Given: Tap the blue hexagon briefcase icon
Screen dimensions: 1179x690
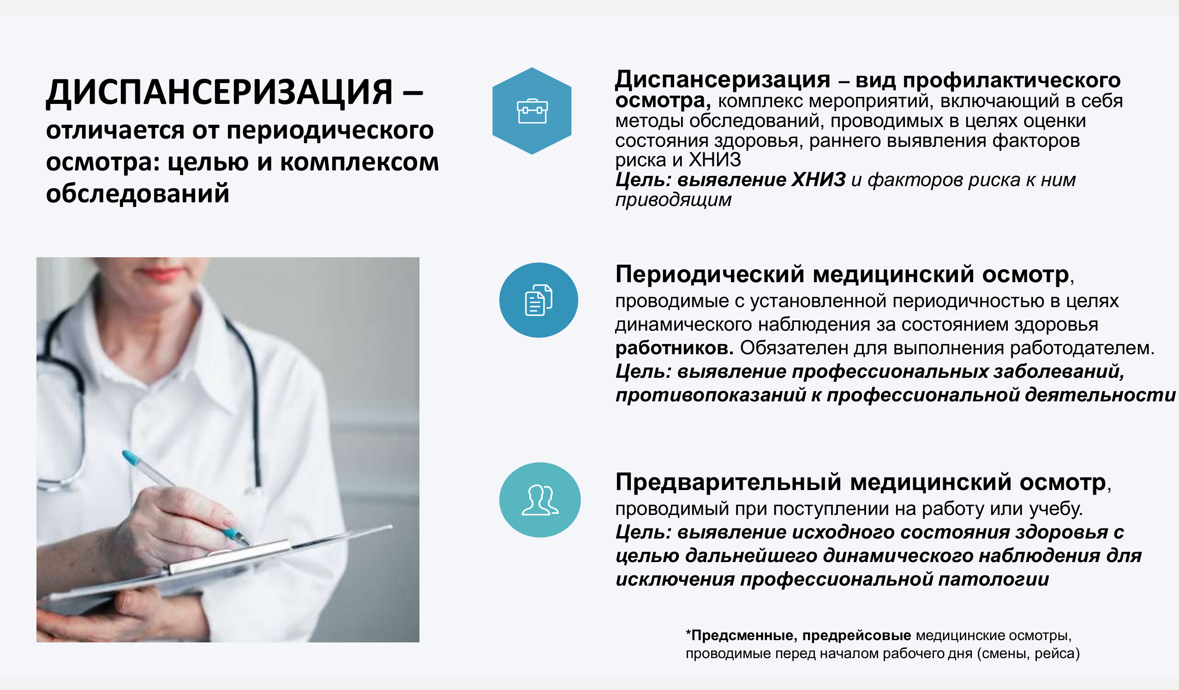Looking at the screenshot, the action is [x=532, y=111].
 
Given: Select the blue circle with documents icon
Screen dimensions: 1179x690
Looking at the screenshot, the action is [x=539, y=300].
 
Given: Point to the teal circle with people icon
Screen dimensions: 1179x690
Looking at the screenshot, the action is [x=540, y=500].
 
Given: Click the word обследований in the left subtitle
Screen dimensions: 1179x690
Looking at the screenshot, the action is [x=138, y=194].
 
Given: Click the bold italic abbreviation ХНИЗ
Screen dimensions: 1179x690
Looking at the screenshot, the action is [x=818, y=180].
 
